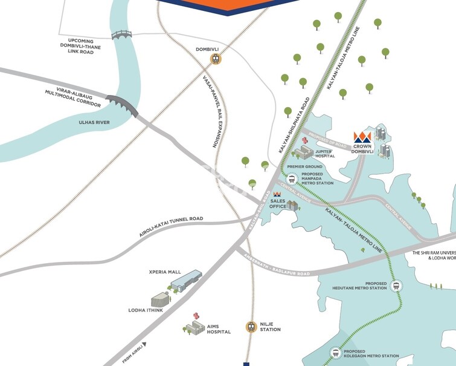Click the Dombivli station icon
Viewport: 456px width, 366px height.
point(214,59)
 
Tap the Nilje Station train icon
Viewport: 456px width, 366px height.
point(251,327)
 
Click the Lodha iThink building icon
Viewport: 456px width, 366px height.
point(160,298)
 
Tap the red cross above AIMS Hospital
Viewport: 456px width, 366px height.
point(195,316)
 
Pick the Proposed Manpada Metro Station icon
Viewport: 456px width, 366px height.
point(292,178)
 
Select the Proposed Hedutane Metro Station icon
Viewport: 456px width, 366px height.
point(396,286)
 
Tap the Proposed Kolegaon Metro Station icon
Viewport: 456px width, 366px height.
point(335,353)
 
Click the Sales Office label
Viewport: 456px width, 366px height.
point(278,203)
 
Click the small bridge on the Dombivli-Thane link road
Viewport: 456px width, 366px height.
point(121,34)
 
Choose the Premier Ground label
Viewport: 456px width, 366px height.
point(305,166)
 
